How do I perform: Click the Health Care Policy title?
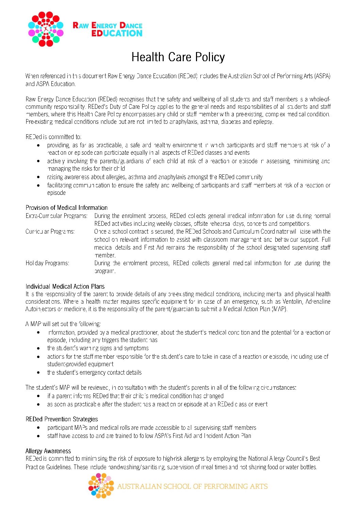[178, 57]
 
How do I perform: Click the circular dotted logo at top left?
[46, 29]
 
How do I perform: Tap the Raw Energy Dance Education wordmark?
[108, 29]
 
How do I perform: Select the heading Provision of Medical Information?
[66, 207]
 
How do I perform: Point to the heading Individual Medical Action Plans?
[65, 286]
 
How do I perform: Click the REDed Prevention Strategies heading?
[62, 419]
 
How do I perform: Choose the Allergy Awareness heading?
[48, 451]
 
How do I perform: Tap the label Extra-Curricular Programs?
[56, 216]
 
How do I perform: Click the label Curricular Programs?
[50, 232]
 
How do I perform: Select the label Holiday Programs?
[47, 263]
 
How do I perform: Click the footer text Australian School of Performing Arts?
[192, 486]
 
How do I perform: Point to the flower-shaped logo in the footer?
[101, 486]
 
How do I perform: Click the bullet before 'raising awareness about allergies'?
[38, 177]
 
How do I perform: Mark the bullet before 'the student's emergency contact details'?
[38, 373]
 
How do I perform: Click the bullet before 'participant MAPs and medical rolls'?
[38, 428]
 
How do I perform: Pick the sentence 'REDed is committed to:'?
[53, 137]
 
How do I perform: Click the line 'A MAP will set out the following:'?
[63, 324]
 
